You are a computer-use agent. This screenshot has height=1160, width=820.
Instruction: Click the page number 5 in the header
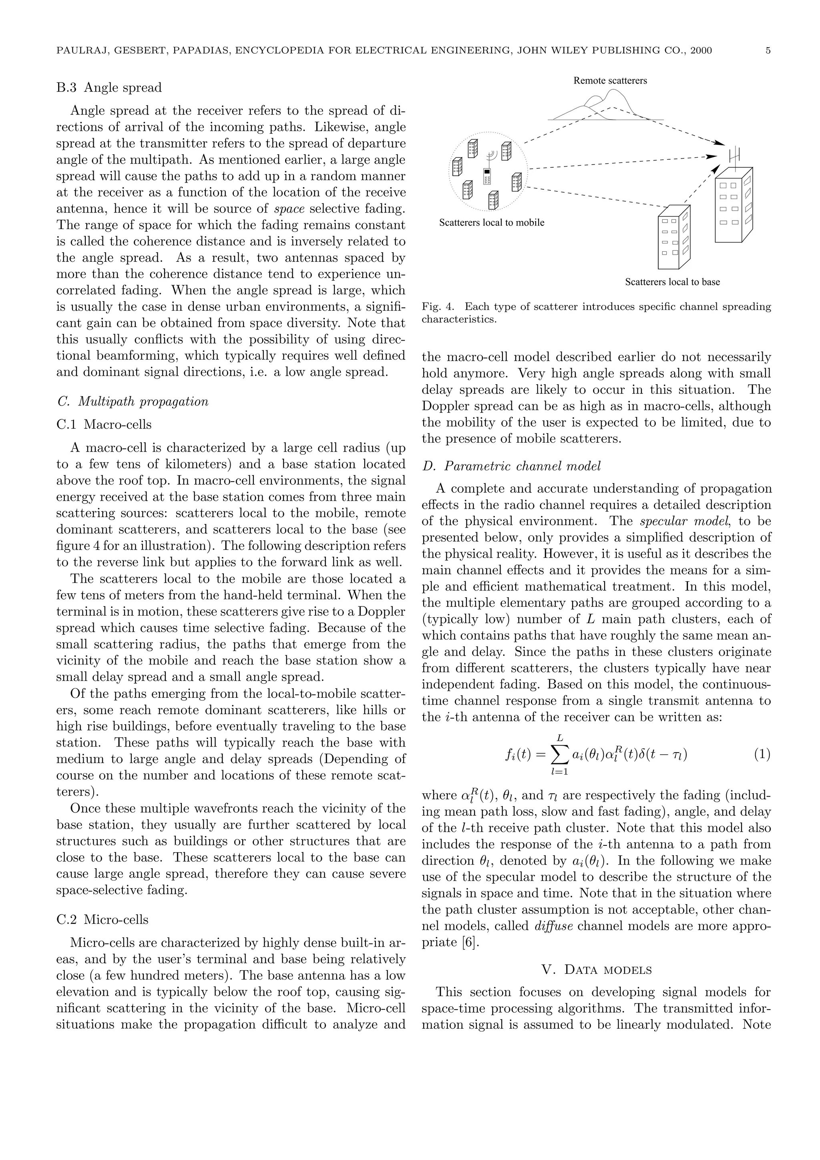pyautogui.click(x=768, y=50)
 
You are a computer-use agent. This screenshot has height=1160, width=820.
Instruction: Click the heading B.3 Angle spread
pyautogui.click(x=109, y=88)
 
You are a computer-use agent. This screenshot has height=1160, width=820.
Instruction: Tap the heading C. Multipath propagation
pyautogui.click(x=133, y=401)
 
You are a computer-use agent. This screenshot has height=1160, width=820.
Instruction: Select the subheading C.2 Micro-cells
pyautogui.click(x=102, y=919)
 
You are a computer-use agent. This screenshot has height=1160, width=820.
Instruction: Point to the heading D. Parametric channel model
pyautogui.click(x=511, y=466)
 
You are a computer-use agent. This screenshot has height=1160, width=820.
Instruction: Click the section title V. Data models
pyautogui.click(x=596, y=969)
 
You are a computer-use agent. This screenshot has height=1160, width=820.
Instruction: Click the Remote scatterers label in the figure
pyautogui.click(x=610, y=81)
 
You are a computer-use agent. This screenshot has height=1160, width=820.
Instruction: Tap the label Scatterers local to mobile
pyautogui.click(x=492, y=223)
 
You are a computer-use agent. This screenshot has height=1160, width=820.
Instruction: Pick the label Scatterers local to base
pyautogui.click(x=672, y=282)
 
